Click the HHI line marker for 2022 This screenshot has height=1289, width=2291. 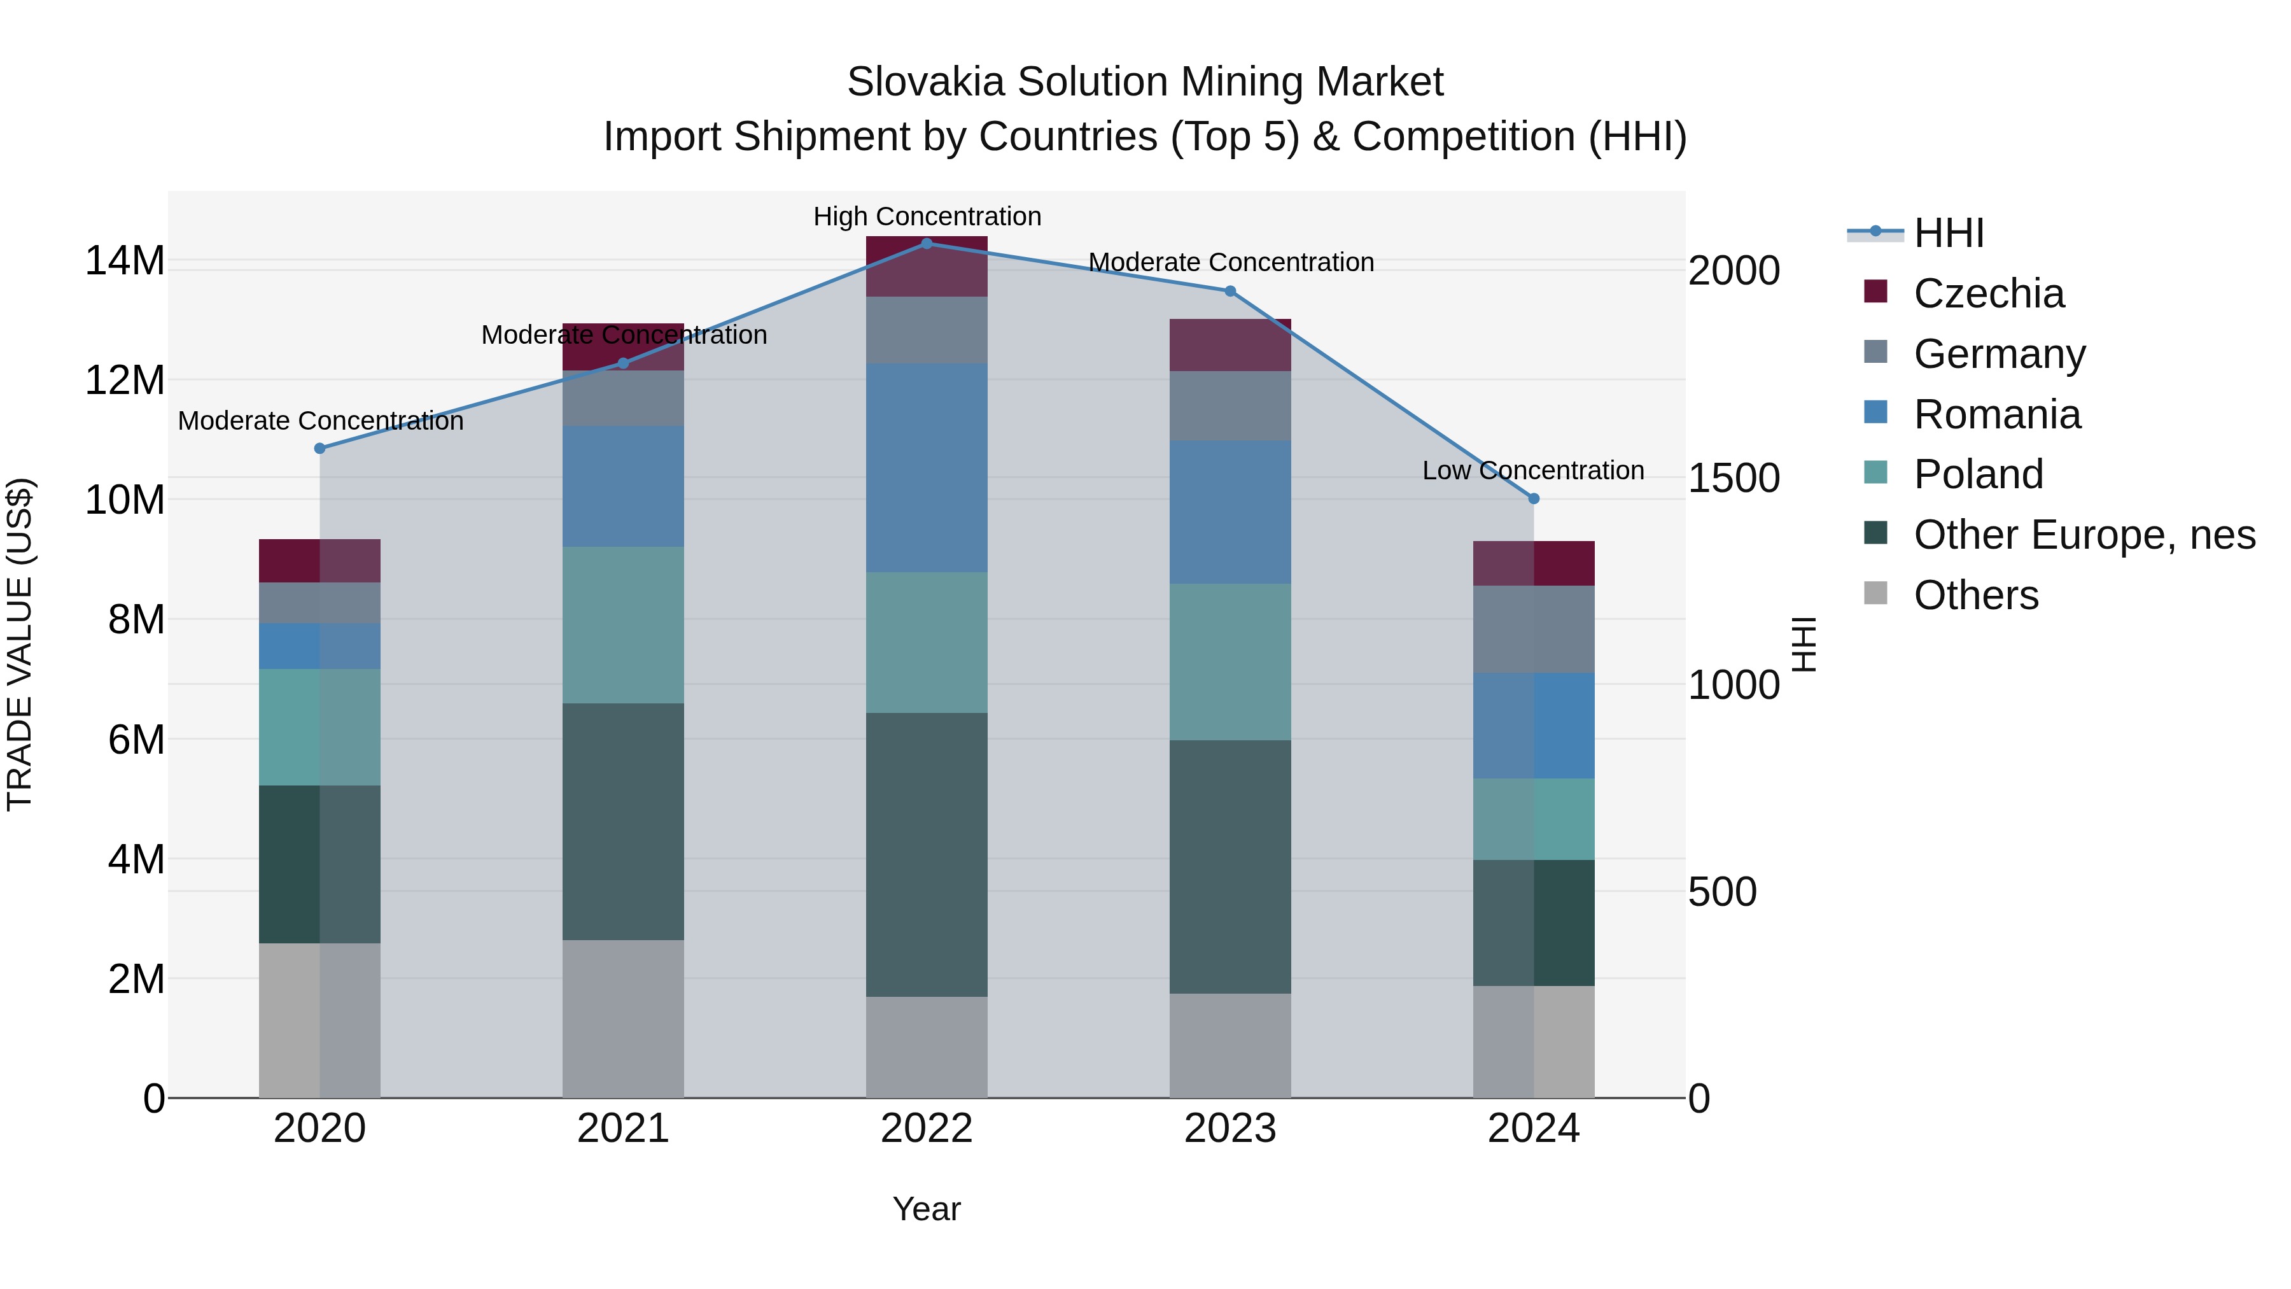pos(927,244)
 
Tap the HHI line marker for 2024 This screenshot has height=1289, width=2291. pos(1533,499)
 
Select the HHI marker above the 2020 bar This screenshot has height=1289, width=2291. pos(320,448)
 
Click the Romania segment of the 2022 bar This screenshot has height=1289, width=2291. pos(927,468)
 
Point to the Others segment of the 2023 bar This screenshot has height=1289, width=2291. pos(1230,1045)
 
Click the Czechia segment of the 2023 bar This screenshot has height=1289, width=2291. pos(1230,345)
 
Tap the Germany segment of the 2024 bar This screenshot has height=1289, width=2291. pos(1533,630)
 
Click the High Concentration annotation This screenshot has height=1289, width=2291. pos(927,217)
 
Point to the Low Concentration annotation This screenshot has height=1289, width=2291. pos(1533,470)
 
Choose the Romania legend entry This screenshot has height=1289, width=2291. pos(1996,414)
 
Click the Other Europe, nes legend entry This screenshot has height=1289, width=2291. pos(2083,535)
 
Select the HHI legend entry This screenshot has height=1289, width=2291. pos(1948,233)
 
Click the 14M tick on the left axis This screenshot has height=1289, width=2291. pos(125,262)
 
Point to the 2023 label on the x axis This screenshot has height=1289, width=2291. pos(1230,1129)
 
